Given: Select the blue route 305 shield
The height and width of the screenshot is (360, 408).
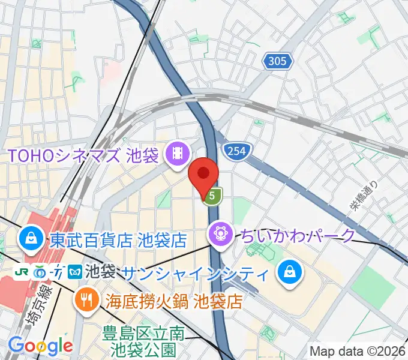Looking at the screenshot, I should pos(278,61).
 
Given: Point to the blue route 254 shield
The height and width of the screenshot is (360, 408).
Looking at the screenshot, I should pos(236,151).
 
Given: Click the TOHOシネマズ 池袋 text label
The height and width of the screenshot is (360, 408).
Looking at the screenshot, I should pos(83,156).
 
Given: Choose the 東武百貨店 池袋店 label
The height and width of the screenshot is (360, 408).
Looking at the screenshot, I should pos(118,240).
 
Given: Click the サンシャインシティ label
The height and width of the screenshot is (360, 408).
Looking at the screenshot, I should pos(196,274).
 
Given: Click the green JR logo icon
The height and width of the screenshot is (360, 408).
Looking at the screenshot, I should pos(22,271).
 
